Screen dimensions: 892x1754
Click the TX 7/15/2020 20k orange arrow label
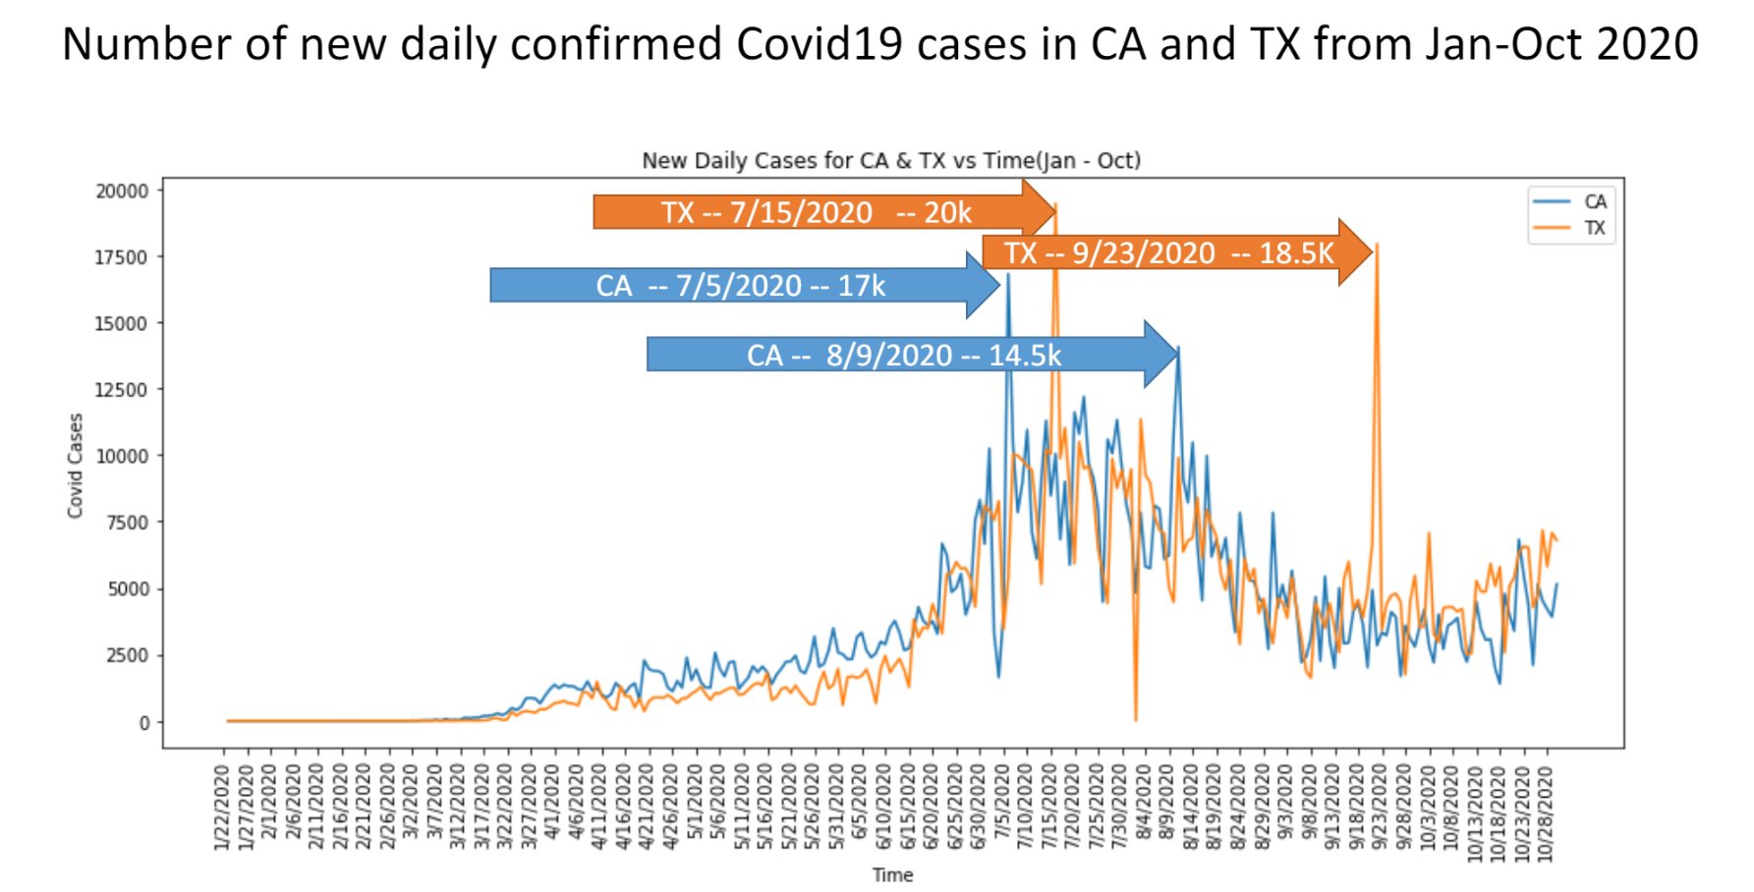click(816, 212)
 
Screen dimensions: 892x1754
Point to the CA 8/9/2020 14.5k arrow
click(903, 355)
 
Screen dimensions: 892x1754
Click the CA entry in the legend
click(1593, 201)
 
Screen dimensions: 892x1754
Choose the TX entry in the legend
click(1593, 228)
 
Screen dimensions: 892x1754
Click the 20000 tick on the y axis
click(122, 192)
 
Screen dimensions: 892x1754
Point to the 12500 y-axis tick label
click(122, 390)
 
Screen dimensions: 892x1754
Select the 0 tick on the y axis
click(144, 723)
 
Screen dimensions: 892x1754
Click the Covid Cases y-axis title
click(75, 466)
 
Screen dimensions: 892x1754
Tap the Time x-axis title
click(892, 874)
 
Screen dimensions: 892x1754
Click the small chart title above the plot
click(890, 160)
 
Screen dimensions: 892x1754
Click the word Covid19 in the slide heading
click(820, 44)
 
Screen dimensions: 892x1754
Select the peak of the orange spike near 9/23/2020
click(1377, 245)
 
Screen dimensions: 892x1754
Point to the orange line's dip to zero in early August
click(1136, 720)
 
